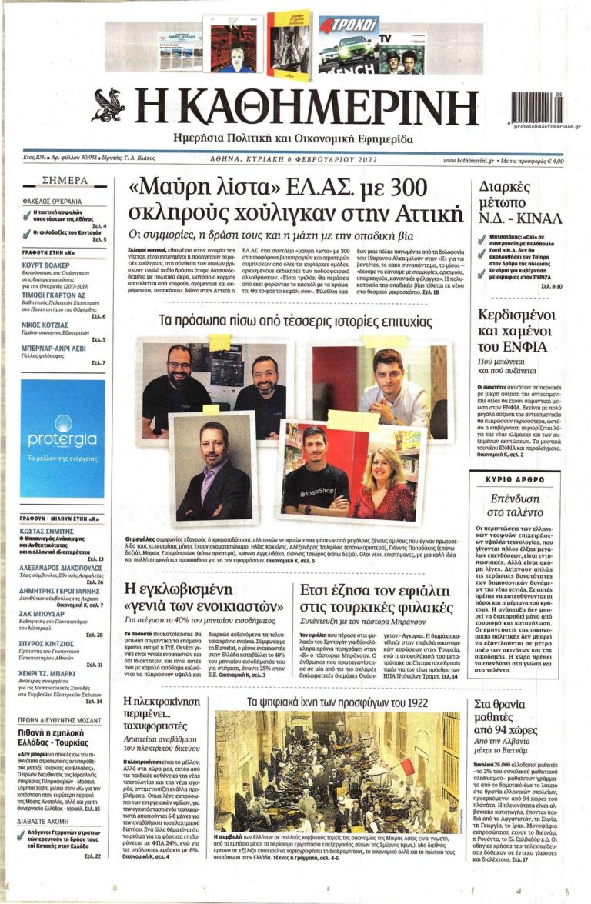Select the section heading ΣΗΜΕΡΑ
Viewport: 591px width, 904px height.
point(65,181)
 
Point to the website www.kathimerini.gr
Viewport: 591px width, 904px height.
point(469,160)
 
